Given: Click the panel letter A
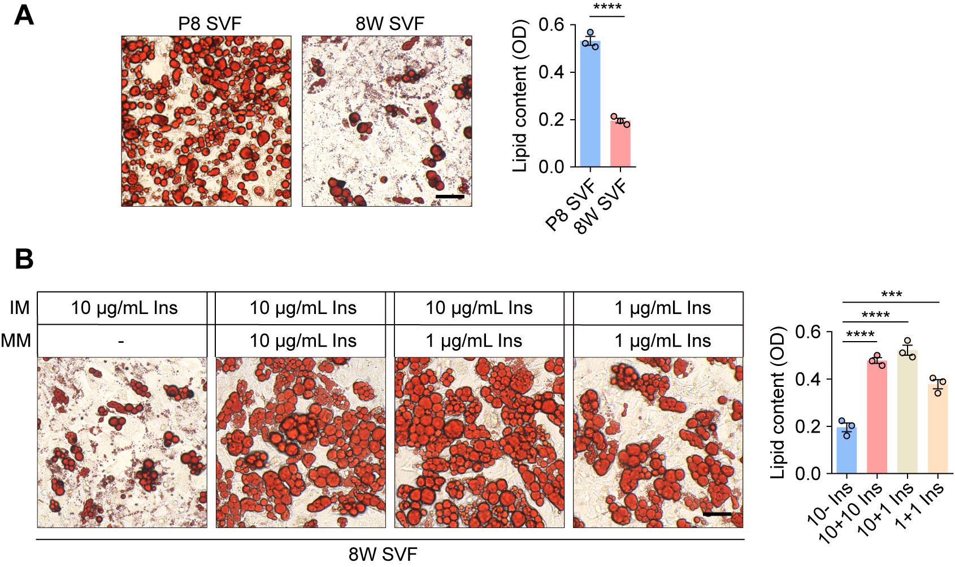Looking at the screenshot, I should [24, 15].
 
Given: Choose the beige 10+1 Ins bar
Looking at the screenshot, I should [908, 412].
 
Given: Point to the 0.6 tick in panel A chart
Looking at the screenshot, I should [550, 25].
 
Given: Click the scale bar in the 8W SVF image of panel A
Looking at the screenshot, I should [450, 197].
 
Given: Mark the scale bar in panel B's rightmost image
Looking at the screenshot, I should [718, 514].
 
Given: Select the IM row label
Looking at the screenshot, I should [19, 308].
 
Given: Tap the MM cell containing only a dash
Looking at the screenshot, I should [121, 341].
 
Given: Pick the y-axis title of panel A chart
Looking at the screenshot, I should [520, 96].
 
